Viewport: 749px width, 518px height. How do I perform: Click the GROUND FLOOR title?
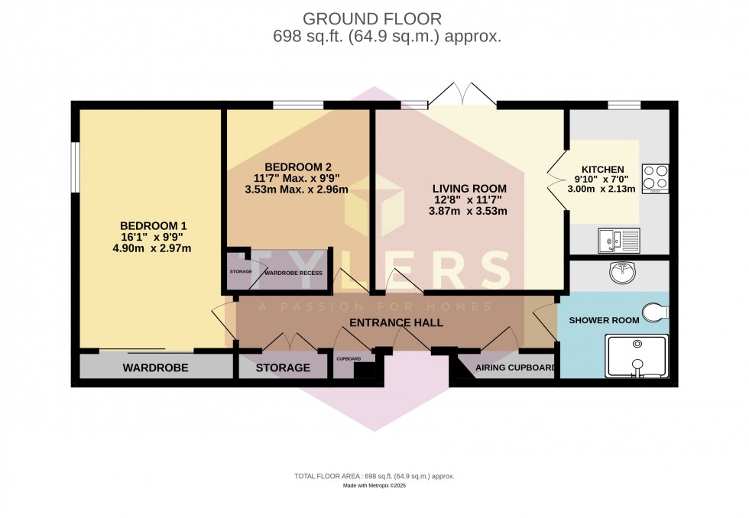point(372,18)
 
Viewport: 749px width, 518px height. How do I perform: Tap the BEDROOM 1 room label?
point(154,226)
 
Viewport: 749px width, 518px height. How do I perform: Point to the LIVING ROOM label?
point(469,189)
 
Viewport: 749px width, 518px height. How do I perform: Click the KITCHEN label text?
point(603,170)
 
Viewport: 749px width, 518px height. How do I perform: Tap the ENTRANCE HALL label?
point(396,323)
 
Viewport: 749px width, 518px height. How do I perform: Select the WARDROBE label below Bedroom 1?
point(155,368)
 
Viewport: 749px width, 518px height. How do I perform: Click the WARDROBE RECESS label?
point(293,273)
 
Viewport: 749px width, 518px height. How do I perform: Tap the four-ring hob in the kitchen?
point(655,177)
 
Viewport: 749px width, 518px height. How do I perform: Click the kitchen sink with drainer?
point(618,241)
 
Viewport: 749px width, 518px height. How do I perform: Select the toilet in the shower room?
point(656,312)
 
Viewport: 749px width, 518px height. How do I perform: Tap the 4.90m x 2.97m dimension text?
point(154,248)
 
